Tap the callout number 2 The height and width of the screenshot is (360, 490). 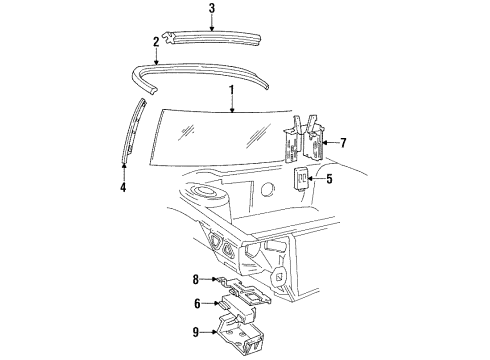click(x=156, y=44)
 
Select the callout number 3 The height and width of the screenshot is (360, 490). click(x=212, y=9)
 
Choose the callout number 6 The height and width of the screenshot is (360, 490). click(x=198, y=304)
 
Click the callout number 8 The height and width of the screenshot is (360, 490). click(x=198, y=280)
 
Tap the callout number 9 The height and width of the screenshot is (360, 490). click(x=198, y=334)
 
